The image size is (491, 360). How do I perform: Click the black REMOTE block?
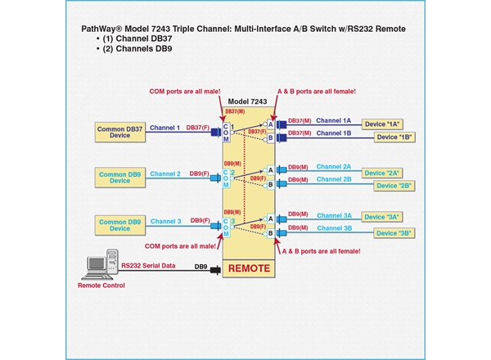point(249,268)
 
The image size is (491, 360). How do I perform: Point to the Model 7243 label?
point(248,101)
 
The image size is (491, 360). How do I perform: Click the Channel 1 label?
point(165,128)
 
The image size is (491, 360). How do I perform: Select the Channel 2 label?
point(165,174)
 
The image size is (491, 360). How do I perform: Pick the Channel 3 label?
point(165,221)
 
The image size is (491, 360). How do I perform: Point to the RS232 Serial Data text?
point(151,266)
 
